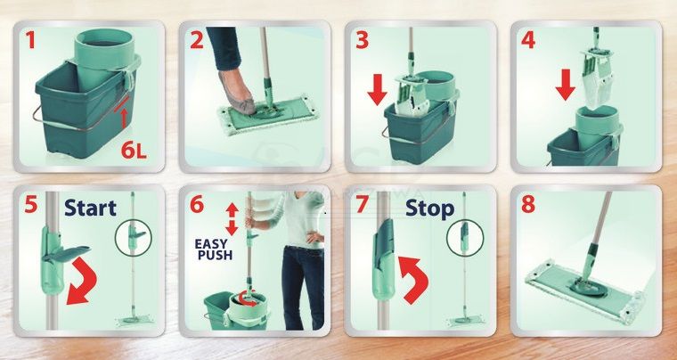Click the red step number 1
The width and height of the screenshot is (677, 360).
tap(30, 40)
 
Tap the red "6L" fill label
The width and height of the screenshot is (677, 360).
tap(134, 150)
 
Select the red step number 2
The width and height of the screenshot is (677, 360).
tap(197, 40)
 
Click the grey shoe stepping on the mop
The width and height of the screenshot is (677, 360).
tap(238, 94)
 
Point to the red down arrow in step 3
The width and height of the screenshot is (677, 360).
tap(378, 90)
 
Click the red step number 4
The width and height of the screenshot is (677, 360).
tap(528, 40)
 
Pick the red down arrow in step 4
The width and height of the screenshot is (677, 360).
tap(565, 86)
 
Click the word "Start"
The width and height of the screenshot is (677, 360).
tap(90, 208)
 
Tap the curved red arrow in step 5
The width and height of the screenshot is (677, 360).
tap(82, 281)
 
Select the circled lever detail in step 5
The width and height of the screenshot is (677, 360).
tap(133, 238)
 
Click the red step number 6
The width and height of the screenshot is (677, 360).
tap(197, 204)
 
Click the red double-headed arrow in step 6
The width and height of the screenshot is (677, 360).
tap(232, 219)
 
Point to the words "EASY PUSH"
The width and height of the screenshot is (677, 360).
tap(214, 250)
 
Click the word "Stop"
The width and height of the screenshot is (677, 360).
tap(429, 209)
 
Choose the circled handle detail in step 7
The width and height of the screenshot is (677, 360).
tap(465, 238)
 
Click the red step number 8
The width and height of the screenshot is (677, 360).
tap(528, 204)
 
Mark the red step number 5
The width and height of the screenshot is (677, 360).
tap(30, 204)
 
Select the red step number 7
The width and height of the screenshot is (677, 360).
tap(363, 204)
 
